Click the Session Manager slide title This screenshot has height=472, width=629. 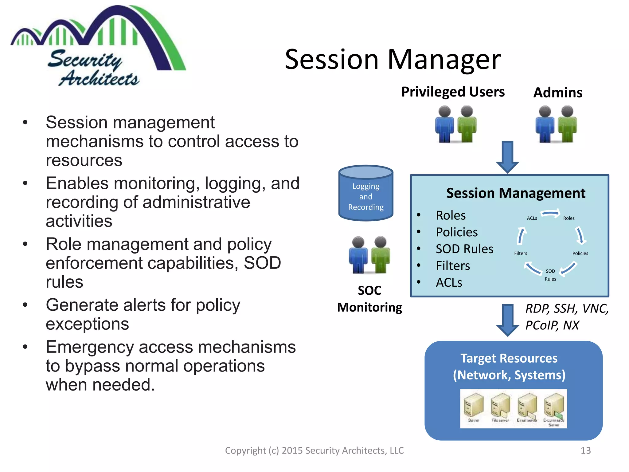pos(393,59)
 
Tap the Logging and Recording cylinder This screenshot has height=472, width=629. pos(365,194)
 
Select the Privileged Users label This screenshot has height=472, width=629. pos(453,92)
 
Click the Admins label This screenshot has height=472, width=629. pos(558,92)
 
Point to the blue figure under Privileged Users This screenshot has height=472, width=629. pos(444,124)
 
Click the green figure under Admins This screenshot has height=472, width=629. pos(567,124)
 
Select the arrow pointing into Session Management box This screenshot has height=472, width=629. pos(507,157)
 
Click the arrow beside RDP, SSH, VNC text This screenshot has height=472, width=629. pos(507,320)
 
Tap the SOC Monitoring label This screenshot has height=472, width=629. pos(369,299)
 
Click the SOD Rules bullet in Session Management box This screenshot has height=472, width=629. pos(464,249)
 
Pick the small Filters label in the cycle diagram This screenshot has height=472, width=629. pos(521,253)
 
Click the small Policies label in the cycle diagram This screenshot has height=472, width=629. pos(580,253)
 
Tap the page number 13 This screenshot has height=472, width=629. pos(586,450)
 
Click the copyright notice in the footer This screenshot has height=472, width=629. pos(314,450)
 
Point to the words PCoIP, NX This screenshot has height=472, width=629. pos(552,325)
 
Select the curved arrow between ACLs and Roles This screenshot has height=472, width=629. pos(550,213)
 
